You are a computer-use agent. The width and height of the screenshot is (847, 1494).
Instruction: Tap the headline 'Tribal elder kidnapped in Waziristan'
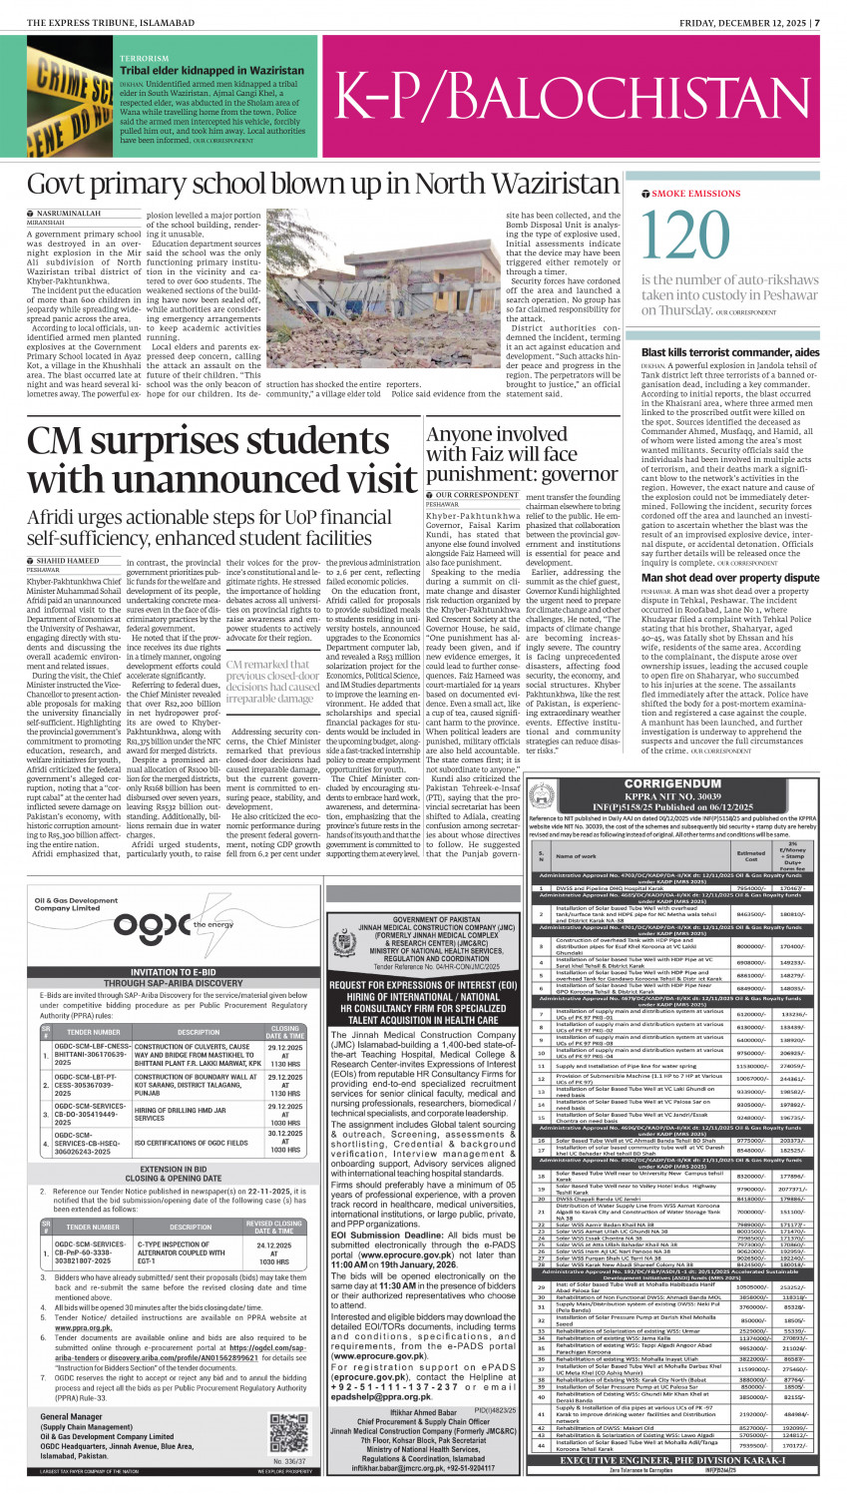point(212,71)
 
